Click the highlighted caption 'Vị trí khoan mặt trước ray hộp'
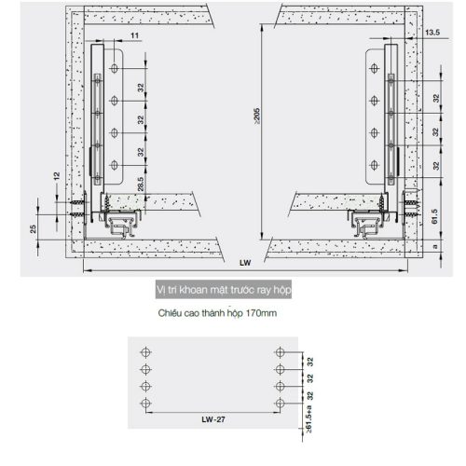click(225, 291)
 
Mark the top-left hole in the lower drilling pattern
click(144, 352)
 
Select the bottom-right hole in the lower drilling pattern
click(279, 403)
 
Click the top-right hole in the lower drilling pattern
click(279, 352)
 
